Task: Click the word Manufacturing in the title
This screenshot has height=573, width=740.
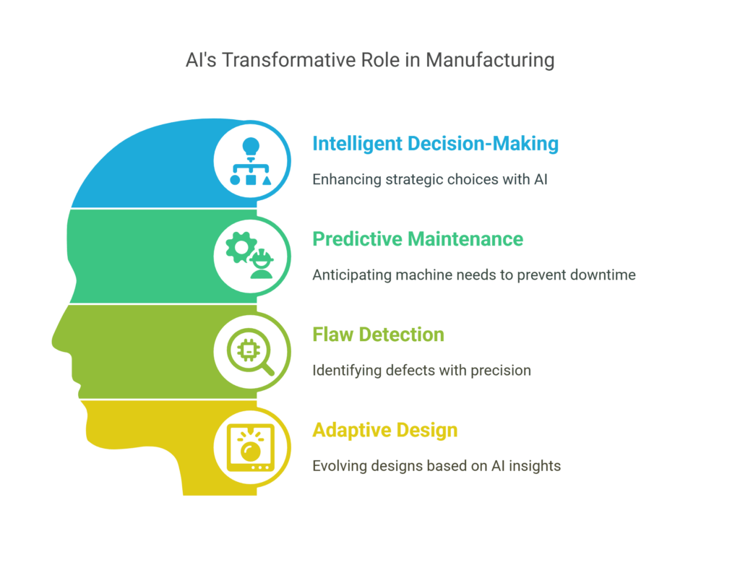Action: click(x=489, y=59)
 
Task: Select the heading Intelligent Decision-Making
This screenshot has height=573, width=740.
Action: click(x=435, y=144)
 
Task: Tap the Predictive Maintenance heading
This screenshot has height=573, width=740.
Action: click(x=418, y=238)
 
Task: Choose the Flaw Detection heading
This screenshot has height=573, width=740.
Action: click(x=378, y=335)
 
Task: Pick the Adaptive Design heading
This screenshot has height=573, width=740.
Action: click(x=384, y=430)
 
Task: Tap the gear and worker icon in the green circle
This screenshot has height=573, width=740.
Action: click(x=251, y=256)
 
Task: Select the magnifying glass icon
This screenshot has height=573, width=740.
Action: click(x=251, y=353)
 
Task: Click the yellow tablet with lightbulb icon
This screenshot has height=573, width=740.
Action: click(x=251, y=448)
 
